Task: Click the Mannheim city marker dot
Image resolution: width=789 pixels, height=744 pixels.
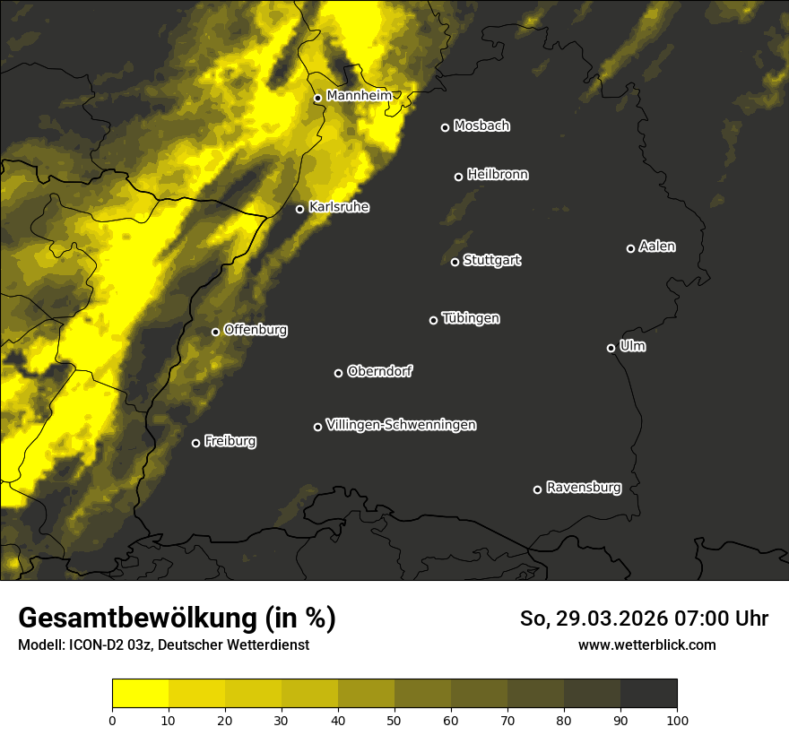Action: pyautogui.click(x=317, y=99)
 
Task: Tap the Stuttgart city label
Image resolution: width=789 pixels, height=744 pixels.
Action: pyautogui.click(x=491, y=260)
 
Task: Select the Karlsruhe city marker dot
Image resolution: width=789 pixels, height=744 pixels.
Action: pyautogui.click(x=300, y=210)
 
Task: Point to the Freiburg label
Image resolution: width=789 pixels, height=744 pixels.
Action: pyautogui.click(x=230, y=441)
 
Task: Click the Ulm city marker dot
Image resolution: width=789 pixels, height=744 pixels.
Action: pyautogui.click(x=611, y=348)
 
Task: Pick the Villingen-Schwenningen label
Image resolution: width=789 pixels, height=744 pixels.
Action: pyautogui.click(x=401, y=425)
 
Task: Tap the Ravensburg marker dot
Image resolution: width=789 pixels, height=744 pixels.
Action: pyautogui.click(x=537, y=489)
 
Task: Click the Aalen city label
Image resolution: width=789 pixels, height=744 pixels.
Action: pyautogui.click(x=657, y=247)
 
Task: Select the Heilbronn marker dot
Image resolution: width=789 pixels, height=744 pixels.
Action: pyautogui.click(x=458, y=177)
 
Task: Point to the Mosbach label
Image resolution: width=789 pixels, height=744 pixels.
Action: pyautogui.click(x=481, y=125)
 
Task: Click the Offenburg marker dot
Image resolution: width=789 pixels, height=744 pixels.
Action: pyautogui.click(x=215, y=332)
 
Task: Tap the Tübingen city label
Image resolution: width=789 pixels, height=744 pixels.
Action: pyautogui.click(x=471, y=318)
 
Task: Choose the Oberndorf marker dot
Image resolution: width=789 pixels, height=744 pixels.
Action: pyautogui.click(x=338, y=373)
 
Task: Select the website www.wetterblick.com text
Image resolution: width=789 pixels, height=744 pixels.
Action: pyautogui.click(x=646, y=645)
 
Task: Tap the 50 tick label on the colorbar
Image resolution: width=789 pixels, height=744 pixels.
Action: pyautogui.click(x=394, y=720)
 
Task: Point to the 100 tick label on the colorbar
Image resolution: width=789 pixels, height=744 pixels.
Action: pyautogui.click(x=677, y=720)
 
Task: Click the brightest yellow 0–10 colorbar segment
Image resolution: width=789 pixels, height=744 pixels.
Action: pyautogui.click(x=140, y=693)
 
